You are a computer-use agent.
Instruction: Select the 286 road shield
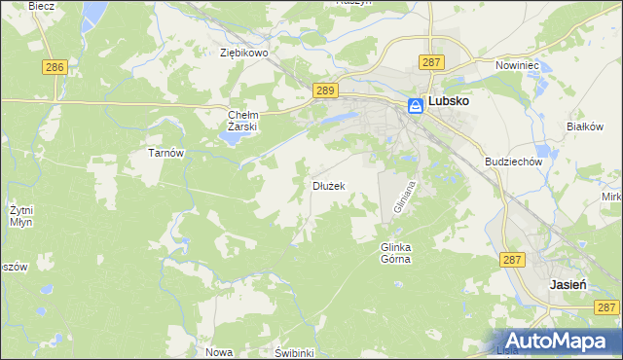coord(55,66)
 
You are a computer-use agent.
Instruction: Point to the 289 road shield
coord(326,90)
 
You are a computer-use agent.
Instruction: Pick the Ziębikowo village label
coord(243,54)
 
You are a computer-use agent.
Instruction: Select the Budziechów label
coord(512,162)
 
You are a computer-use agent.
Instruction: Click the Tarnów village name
coord(165,153)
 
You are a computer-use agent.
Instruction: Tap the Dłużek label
coord(327,185)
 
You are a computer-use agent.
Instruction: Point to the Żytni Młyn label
coord(20,215)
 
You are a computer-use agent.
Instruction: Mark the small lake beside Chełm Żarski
coord(231,136)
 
